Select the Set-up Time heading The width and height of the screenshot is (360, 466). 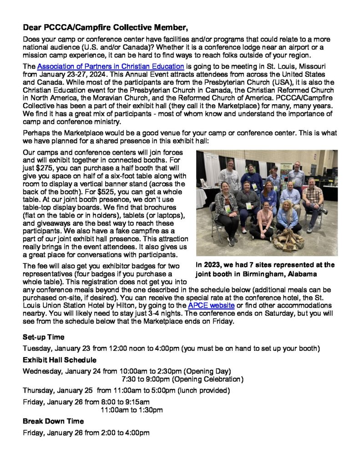coord(44,337)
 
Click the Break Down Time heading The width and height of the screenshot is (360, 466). coord(53,421)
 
